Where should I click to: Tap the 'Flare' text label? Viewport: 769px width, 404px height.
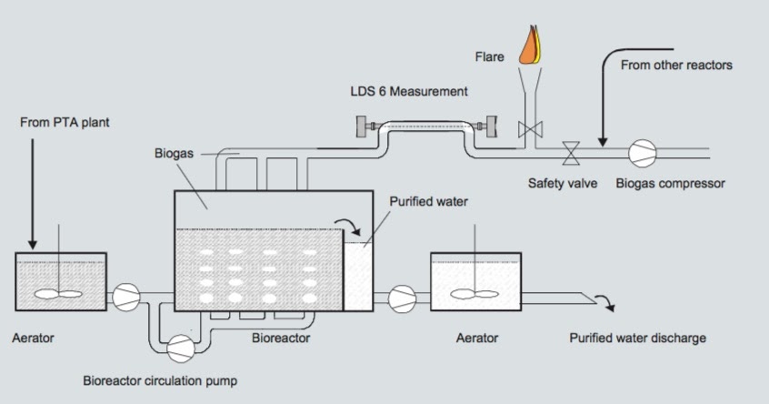489,57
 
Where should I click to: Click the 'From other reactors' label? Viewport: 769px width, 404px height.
675,66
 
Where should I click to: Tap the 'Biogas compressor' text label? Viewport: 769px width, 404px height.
670,183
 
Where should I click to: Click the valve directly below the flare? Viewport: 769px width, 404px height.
524,128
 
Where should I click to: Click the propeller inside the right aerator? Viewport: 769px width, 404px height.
474,292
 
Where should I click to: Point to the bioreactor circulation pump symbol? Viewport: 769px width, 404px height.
181,344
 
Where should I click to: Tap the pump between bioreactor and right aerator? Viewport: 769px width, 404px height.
400,295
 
